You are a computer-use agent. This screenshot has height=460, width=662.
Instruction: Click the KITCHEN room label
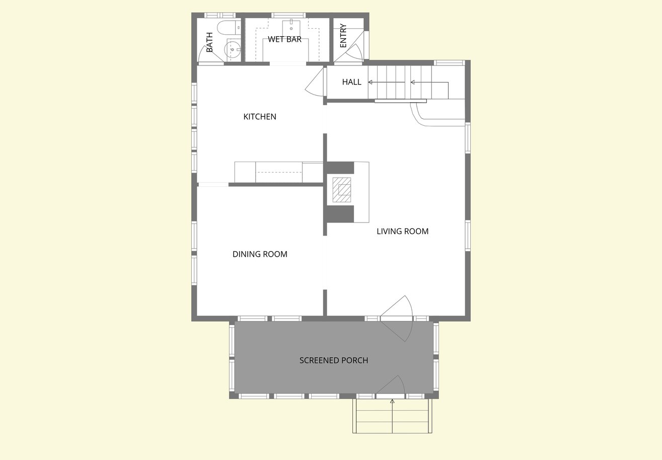[260, 117]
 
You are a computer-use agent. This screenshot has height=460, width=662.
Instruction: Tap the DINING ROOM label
[260, 254]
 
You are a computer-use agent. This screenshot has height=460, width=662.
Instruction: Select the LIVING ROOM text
[403, 231]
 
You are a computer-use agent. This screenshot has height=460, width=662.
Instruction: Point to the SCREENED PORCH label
[334, 360]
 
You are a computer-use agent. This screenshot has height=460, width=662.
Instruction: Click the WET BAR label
[284, 39]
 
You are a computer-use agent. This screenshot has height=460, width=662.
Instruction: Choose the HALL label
[352, 82]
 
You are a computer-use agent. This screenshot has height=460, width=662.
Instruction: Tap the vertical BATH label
[209, 42]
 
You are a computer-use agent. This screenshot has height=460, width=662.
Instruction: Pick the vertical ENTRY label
[343, 35]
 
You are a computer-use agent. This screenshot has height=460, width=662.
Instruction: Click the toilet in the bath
[229, 28]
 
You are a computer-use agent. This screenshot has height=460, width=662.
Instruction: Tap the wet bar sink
[291, 28]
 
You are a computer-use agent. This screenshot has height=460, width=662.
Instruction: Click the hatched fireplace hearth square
[342, 190]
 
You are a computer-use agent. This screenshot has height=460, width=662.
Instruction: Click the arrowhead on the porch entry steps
[392, 401]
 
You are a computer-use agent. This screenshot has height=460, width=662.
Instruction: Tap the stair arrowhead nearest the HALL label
[370, 82]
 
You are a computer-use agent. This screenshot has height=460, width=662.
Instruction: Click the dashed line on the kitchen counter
[279, 173]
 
